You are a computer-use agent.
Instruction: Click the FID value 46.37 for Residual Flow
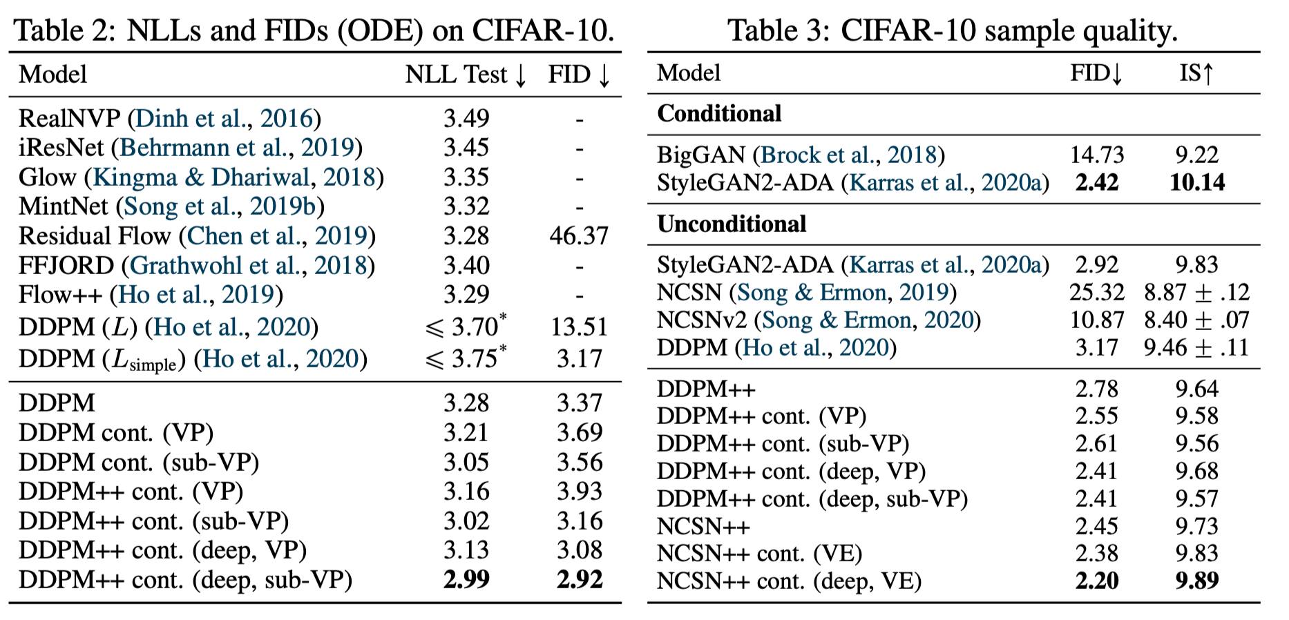click(x=578, y=236)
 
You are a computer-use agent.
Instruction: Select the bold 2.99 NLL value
click(x=466, y=579)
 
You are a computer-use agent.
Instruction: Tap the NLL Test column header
click(x=466, y=75)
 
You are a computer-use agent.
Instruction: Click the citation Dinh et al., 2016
click(x=225, y=119)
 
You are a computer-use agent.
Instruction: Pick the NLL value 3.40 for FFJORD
click(x=466, y=266)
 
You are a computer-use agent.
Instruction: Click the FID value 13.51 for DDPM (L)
click(x=578, y=327)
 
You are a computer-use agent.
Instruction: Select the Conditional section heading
click(x=719, y=113)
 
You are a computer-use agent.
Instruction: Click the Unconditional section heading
click(x=732, y=224)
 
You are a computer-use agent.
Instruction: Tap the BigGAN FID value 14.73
click(x=1096, y=155)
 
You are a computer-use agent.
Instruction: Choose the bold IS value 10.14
click(x=1196, y=182)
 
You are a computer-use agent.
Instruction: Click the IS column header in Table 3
click(x=1196, y=72)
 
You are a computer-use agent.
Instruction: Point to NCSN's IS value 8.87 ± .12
click(x=1196, y=292)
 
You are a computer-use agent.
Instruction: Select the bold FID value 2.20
click(x=1096, y=581)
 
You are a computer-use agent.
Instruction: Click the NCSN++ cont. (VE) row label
click(x=759, y=553)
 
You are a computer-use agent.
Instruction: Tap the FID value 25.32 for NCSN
click(x=1096, y=292)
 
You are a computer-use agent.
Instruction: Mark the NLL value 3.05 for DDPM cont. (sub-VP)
click(x=466, y=462)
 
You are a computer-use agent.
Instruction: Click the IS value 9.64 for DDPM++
click(x=1196, y=389)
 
